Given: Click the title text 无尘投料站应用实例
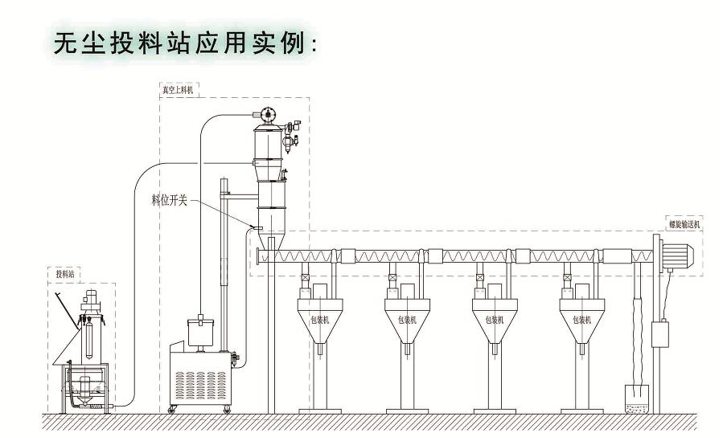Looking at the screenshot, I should pyautogui.click(x=185, y=43).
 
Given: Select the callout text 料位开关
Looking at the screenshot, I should pyautogui.click(x=169, y=199).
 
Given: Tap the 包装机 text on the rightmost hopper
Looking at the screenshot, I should pyautogui.click(x=582, y=319).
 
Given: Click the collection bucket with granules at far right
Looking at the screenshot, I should pyautogui.click(x=638, y=398).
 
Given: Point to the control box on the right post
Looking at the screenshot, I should pyautogui.click(x=659, y=333).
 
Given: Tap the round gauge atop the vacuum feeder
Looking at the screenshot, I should pyautogui.click(x=268, y=115).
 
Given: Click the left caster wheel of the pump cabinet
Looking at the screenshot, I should pyautogui.click(x=172, y=410).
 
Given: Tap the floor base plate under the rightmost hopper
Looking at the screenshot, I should pyautogui.click(x=583, y=411).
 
